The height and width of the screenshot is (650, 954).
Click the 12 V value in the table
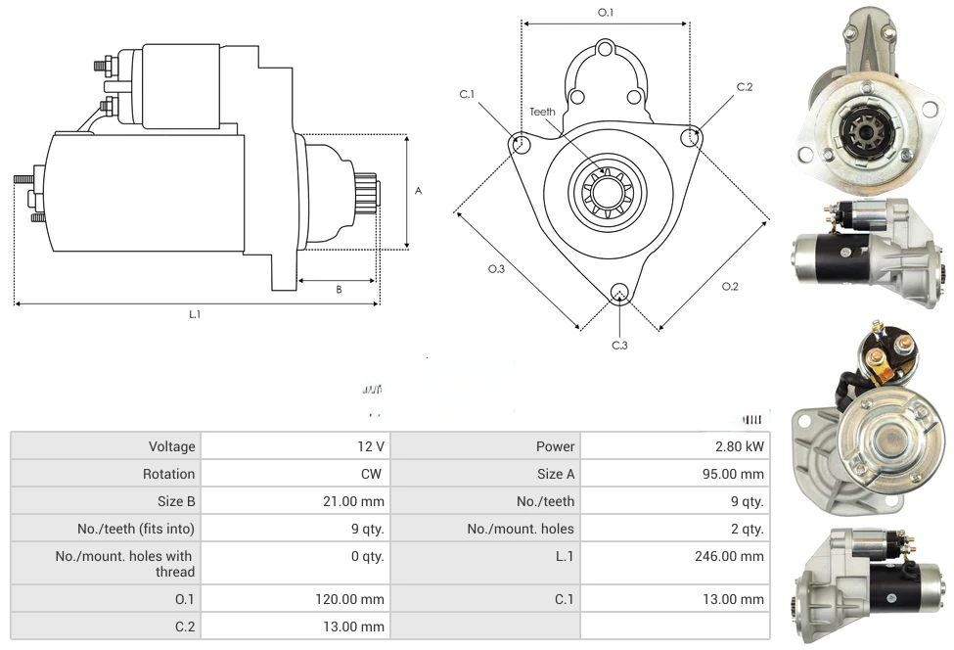tap(371, 446)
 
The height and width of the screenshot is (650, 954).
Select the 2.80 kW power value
tap(741, 446)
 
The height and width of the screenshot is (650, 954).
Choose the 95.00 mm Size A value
tap(737, 474)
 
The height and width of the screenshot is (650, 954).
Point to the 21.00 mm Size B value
tap(357, 501)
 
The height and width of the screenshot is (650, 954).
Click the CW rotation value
tap(373, 474)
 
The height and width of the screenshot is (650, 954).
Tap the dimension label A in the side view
tap(419, 191)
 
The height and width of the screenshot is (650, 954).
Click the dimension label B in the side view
tap(339, 290)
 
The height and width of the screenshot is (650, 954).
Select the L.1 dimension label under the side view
tap(195, 314)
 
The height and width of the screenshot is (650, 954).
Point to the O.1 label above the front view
tap(606, 13)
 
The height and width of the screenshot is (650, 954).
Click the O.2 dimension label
tap(730, 286)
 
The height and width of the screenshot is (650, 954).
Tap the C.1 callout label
tap(467, 94)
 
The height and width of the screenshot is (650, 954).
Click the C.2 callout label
tap(745, 87)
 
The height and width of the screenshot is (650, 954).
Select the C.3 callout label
tap(619, 345)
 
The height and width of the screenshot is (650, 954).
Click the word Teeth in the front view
tap(542, 112)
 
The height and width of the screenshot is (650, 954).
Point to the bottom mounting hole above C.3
tap(618, 293)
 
